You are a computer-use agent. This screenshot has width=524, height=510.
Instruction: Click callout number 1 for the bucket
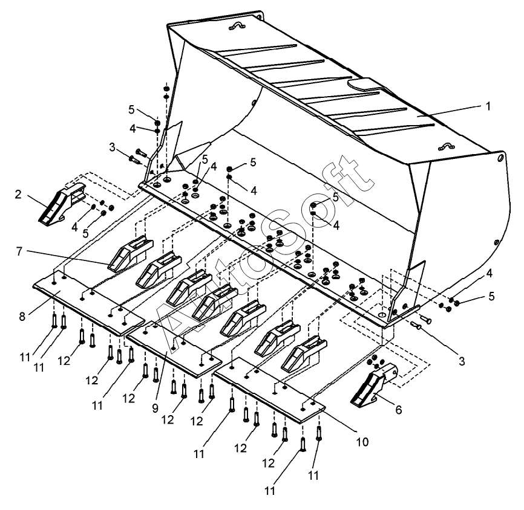click(488, 105)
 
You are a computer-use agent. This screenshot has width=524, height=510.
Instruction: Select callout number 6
click(398, 409)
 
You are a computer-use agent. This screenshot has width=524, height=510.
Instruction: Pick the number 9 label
click(154, 407)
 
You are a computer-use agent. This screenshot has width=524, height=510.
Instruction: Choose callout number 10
click(361, 442)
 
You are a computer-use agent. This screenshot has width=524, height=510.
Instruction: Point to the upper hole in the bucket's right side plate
click(500, 158)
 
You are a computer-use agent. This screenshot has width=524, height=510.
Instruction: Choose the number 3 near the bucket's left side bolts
click(112, 146)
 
